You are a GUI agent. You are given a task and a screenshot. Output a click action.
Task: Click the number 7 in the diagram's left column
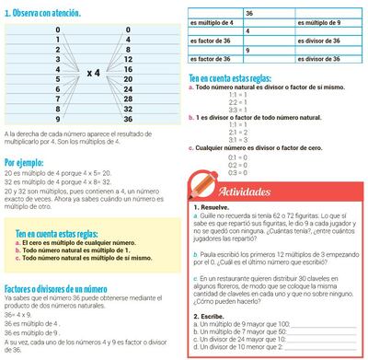coord(58,99)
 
